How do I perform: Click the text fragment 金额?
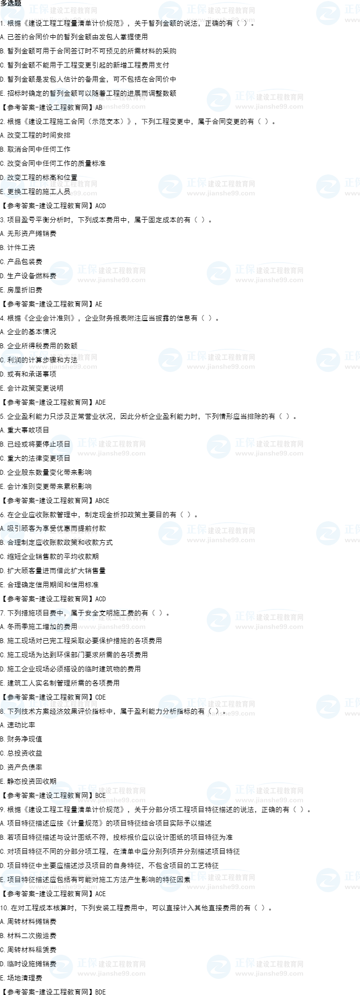171,23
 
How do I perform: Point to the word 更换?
14,192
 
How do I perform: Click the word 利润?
15,360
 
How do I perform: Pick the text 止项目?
59,444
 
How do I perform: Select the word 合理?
14,542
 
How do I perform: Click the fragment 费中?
57,613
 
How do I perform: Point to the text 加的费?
61,627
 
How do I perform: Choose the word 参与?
13,698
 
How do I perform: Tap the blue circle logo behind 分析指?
170,707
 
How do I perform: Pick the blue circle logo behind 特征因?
170,880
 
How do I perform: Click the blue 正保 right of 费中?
87,616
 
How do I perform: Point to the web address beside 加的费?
111,627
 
